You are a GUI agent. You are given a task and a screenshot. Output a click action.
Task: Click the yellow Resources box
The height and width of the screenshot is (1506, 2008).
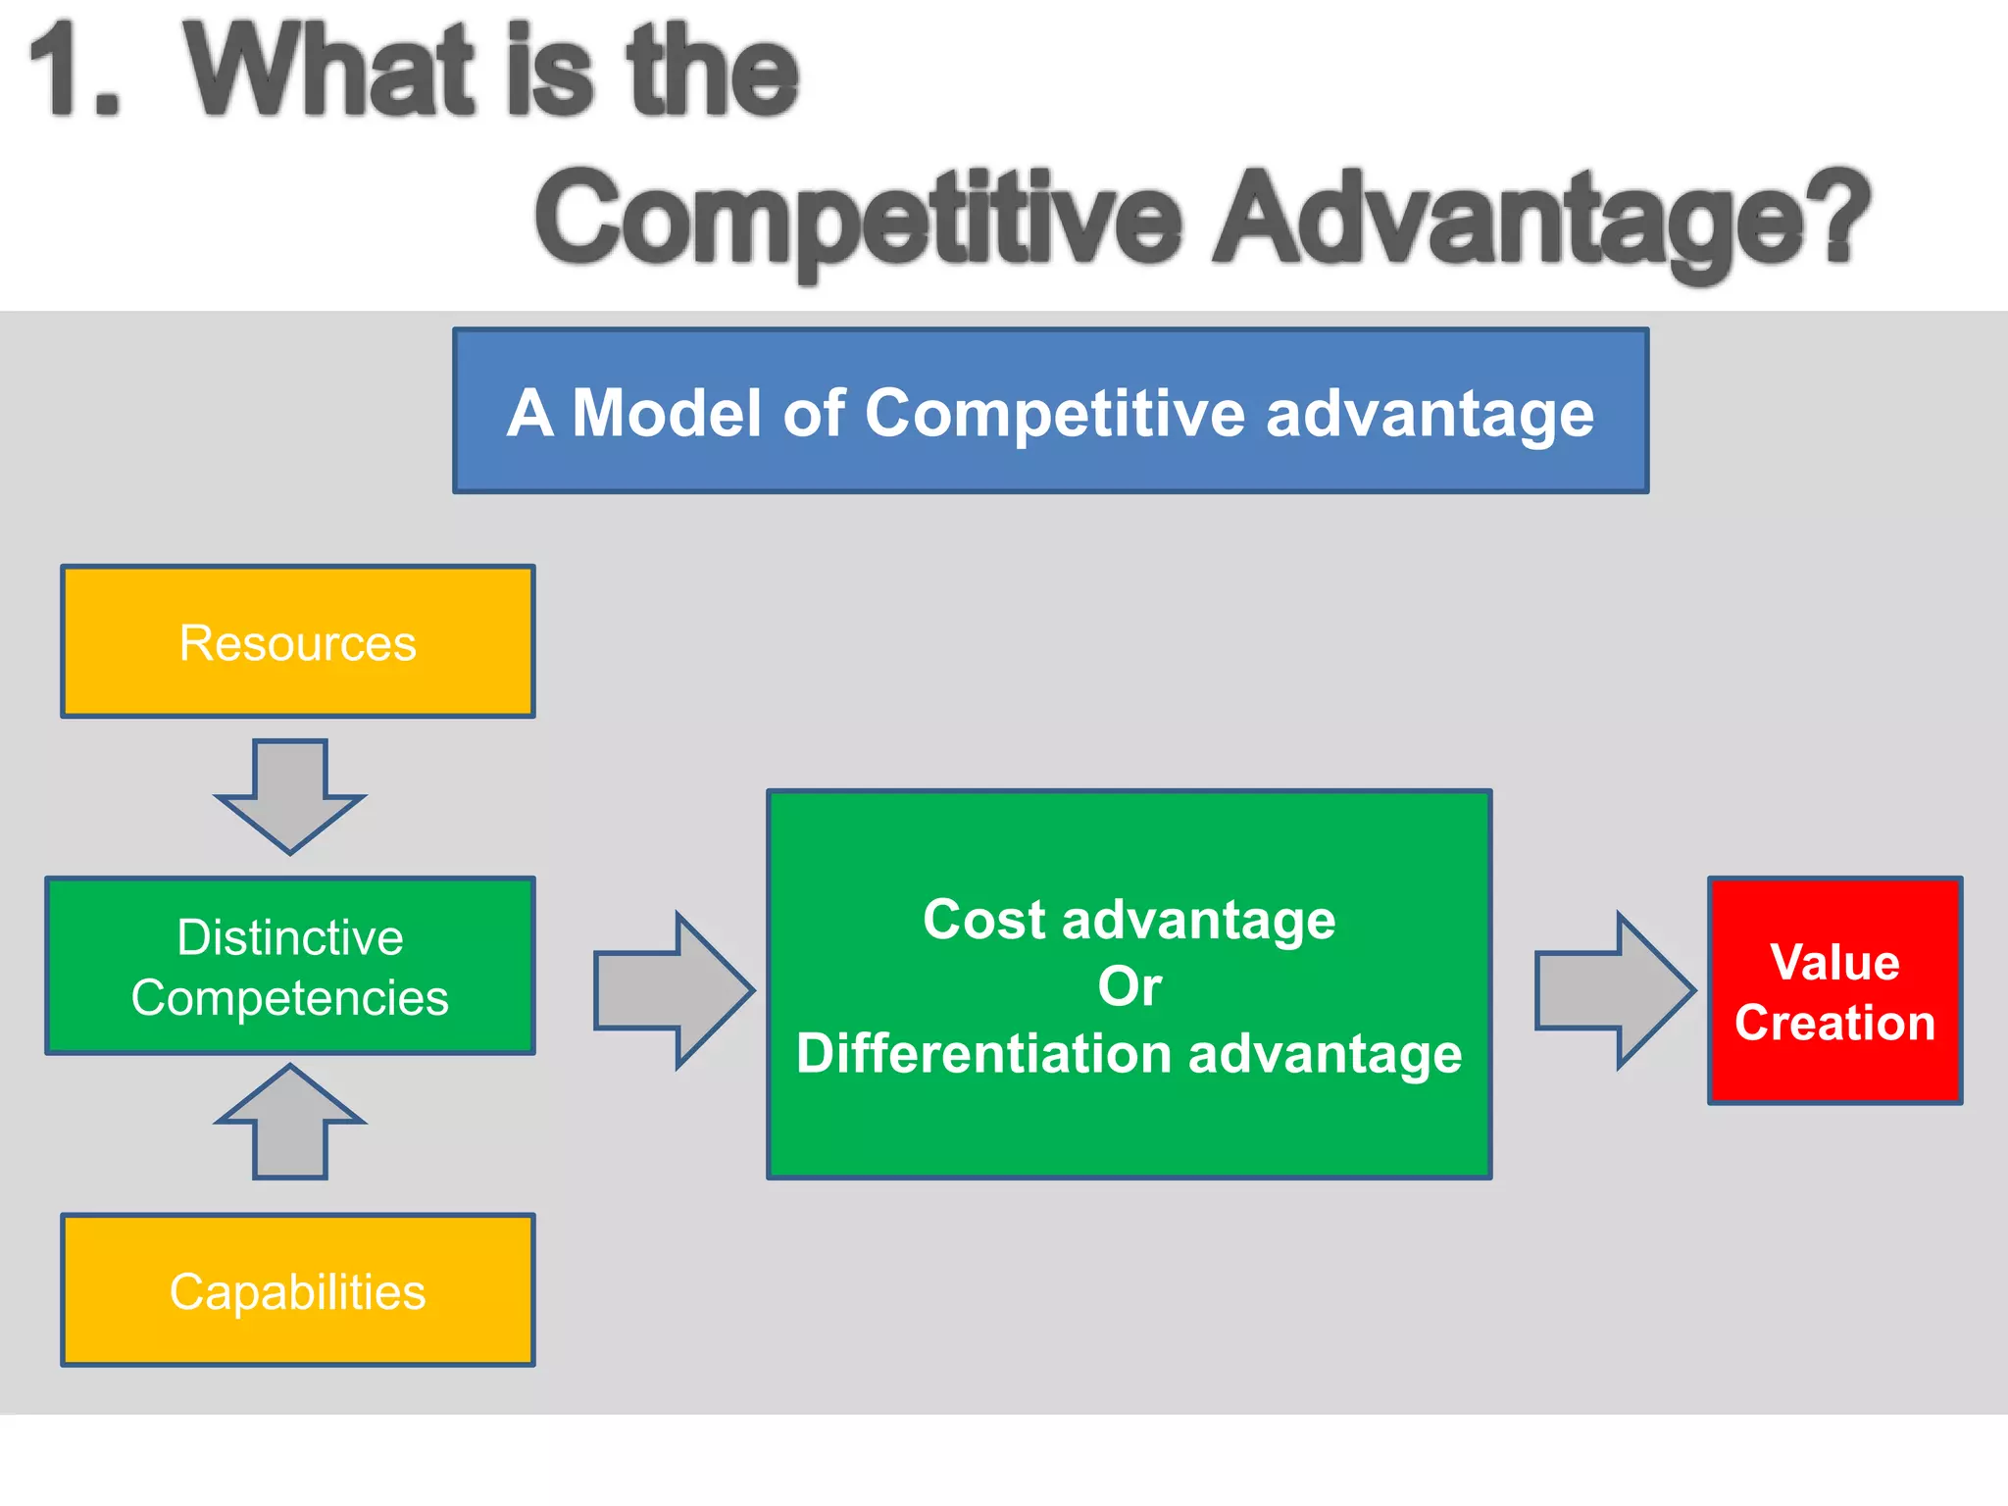click(x=298, y=642)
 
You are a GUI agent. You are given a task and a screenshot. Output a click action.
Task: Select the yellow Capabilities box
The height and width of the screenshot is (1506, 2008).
click(x=298, y=1290)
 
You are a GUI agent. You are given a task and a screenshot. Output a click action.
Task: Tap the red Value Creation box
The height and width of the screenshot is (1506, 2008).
click(x=1834, y=990)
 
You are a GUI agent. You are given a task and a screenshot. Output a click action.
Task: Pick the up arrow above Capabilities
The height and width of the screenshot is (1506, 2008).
click(x=290, y=1122)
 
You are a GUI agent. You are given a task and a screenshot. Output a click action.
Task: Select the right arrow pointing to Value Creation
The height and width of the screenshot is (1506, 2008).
click(x=1614, y=990)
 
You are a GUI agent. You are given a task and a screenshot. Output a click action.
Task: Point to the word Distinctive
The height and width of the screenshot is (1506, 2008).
click(x=290, y=936)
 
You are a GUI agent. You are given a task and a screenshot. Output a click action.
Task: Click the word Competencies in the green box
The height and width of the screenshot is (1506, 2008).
click(x=290, y=998)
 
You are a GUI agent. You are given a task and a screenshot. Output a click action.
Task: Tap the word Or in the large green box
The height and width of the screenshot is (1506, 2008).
click(x=1129, y=985)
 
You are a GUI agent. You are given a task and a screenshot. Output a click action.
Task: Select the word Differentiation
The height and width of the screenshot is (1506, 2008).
click(x=983, y=1053)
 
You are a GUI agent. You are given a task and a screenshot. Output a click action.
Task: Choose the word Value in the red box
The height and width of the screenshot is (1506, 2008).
click(x=1834, y=961)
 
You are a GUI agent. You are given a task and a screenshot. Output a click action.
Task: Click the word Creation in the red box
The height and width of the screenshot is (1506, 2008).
click(x=1834, y=1022)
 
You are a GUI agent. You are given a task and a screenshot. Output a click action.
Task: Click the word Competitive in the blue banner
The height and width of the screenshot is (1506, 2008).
click(x=1055, y=412)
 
